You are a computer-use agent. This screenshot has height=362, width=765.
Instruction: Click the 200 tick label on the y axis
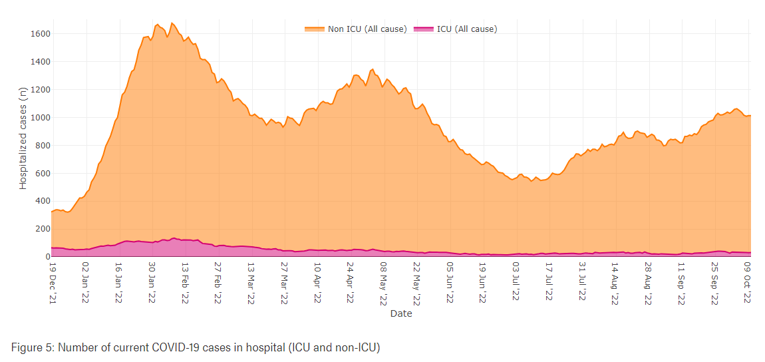point(43,229)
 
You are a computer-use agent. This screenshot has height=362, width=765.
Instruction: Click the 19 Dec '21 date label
point(53,283)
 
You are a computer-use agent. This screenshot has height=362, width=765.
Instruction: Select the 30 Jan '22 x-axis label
point(152,283)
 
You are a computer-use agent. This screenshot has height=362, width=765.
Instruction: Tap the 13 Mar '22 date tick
point(251,283)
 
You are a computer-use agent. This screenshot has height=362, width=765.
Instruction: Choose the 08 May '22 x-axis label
point(383,283)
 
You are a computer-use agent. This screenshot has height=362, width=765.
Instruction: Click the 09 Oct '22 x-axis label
point(747,283)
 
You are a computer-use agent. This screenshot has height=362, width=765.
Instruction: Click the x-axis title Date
point(401,313)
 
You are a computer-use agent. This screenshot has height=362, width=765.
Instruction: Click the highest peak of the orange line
point(172,23)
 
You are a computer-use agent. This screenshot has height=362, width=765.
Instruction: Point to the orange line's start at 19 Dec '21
point(52,212)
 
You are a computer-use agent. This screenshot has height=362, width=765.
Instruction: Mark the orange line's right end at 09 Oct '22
point(750,116)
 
